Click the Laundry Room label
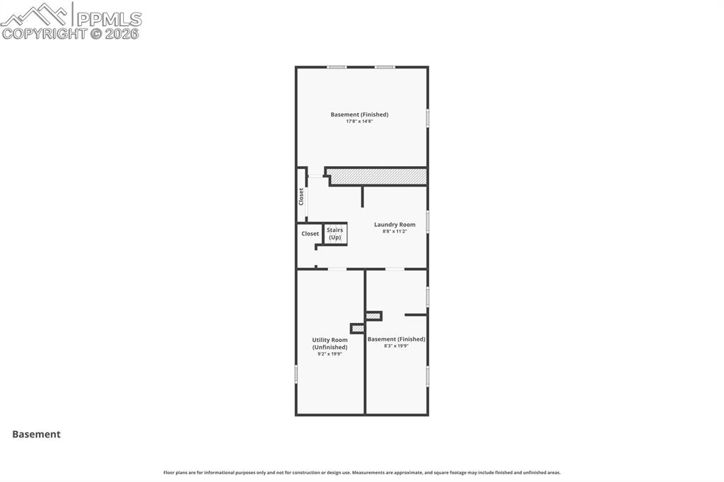395,225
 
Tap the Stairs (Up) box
335,234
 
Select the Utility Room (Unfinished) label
329,343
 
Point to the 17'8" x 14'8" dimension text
359,122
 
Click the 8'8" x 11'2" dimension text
395,231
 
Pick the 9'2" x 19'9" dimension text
329,354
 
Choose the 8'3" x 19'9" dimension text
396,346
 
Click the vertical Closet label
301,196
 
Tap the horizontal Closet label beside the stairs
310,234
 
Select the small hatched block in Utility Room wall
358,329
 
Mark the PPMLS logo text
108,18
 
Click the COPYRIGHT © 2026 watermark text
71,33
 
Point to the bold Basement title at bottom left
36,435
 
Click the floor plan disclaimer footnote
361,473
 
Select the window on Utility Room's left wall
296,374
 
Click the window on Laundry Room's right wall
428,222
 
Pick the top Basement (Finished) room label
359,114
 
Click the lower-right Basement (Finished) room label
396,339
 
